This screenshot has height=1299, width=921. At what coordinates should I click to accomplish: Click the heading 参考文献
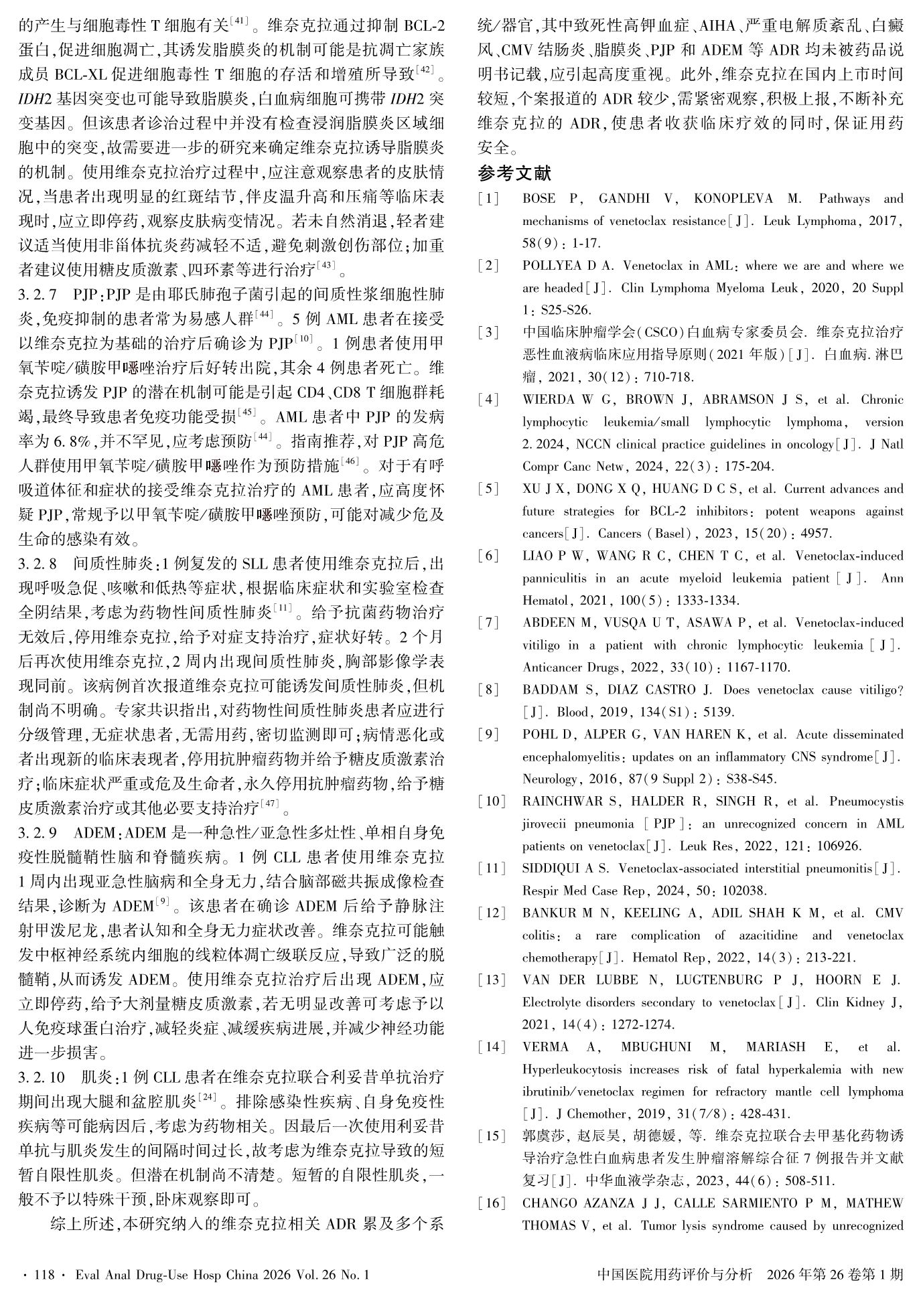tap(514, 173)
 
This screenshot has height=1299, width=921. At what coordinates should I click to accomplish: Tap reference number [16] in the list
tap(491, 1203)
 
